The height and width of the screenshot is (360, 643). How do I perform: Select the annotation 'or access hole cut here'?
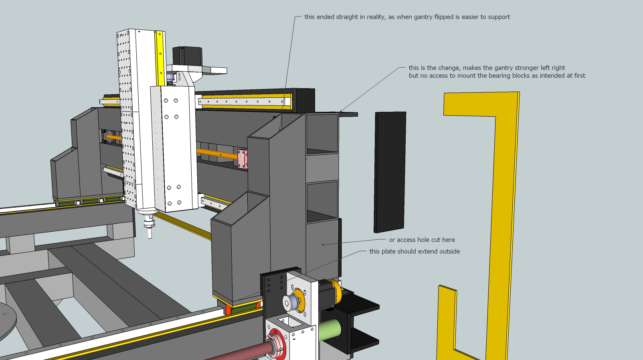(x=422, y=240)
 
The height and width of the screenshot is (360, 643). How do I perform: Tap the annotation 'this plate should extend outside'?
(x=415, y=251)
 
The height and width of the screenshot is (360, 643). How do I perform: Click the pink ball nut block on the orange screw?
(x=242, y=159)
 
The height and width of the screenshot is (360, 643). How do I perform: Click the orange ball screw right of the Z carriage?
(x=216, y=154)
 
